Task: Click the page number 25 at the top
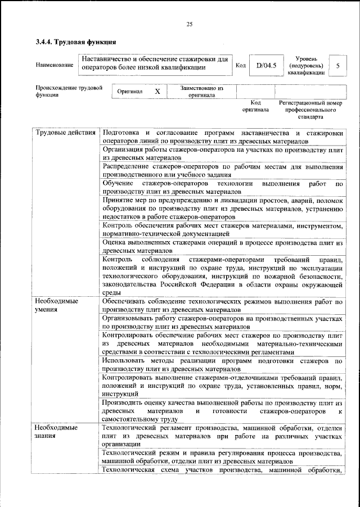pos(190,23)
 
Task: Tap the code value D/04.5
pos(265,66)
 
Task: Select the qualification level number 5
pos(337,66)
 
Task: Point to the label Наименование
pos(55,66)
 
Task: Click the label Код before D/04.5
pos(241,66)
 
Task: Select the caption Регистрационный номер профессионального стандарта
pos(310,110)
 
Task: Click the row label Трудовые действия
pos(65,133)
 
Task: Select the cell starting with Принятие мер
pos(222,209)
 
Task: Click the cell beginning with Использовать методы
pos(222,364)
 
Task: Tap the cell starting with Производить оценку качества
pos(222,411)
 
